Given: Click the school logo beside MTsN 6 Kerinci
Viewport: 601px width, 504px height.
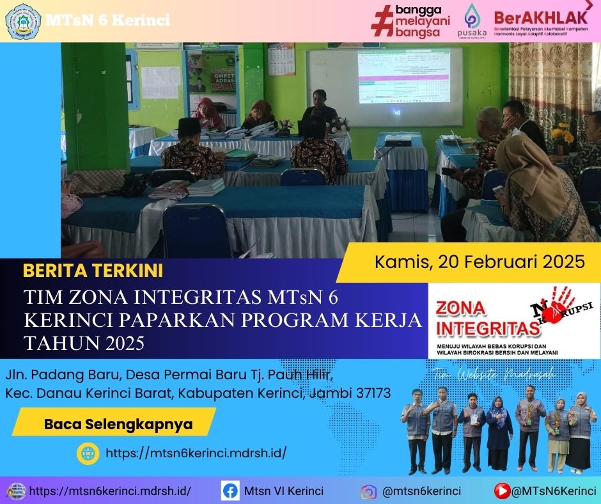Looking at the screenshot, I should click(23, 20).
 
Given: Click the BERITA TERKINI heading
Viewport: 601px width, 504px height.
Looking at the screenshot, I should click(93, 271).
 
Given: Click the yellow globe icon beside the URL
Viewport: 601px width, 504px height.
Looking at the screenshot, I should click(87, 453).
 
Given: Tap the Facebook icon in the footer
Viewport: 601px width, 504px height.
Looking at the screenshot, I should click(230, 491).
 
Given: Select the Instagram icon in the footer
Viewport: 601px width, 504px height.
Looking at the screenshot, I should click(368, 491).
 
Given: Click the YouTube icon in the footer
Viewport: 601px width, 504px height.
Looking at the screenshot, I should click(502, 491).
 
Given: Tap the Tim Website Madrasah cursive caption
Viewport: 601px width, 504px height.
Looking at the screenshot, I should click(492, 373).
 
